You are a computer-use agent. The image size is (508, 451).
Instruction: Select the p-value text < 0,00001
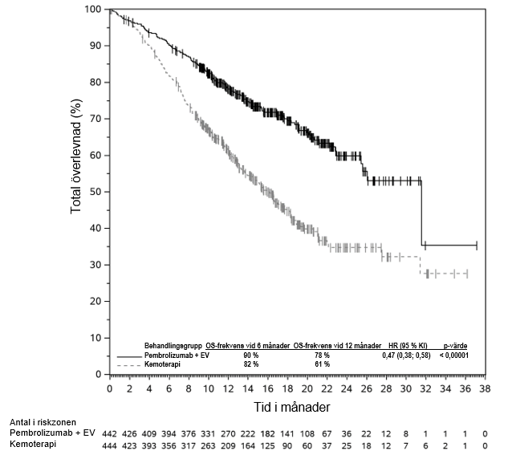pos(456,355)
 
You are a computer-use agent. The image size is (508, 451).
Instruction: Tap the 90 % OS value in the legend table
pos(251,355)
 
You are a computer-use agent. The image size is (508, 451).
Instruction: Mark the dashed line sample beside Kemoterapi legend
pos(128,365)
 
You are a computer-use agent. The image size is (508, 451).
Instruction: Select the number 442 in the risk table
pos(109,433)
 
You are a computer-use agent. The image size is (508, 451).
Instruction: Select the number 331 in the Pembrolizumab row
pos(209,433)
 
